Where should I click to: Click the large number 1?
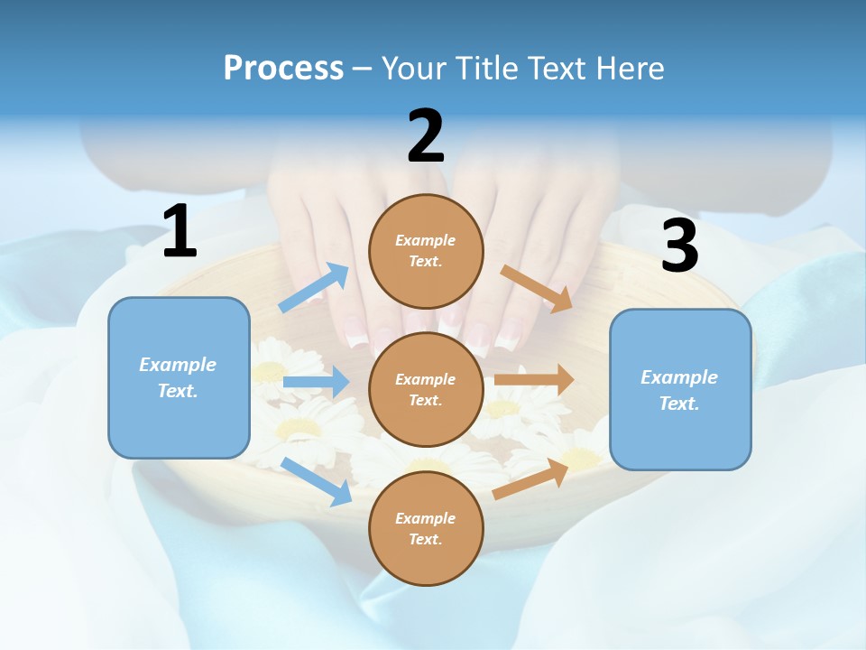click(180, 233)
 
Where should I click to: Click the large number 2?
click(426, 136)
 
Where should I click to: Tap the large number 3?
click(679, 246)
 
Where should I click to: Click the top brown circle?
click(426, 251)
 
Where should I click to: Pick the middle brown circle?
click(426, 389)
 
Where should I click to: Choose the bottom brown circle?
click(426, 528)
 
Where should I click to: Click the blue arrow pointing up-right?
click(314, 288)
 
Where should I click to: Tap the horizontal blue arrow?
click(316, 382)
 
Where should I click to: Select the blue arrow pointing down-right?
click(317, 481)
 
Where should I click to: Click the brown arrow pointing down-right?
click(536, 288)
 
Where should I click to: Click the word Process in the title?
click(283, 69)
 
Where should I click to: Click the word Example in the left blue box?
click(178, 365)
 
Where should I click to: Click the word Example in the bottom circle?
click(426, 518)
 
